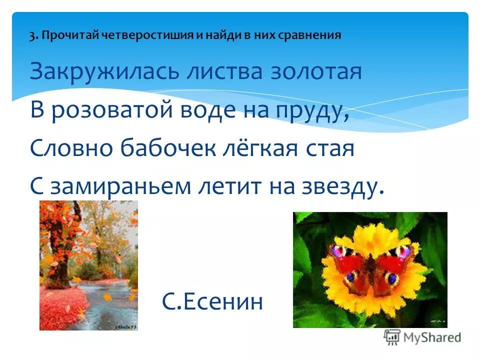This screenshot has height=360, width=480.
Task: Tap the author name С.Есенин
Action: (x=212, y=301)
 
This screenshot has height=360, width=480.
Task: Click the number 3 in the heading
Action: (x=32, y=35)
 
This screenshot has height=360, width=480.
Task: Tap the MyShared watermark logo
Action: (x=423, y=337)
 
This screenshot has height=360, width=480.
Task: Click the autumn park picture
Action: (x=88, y=265)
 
